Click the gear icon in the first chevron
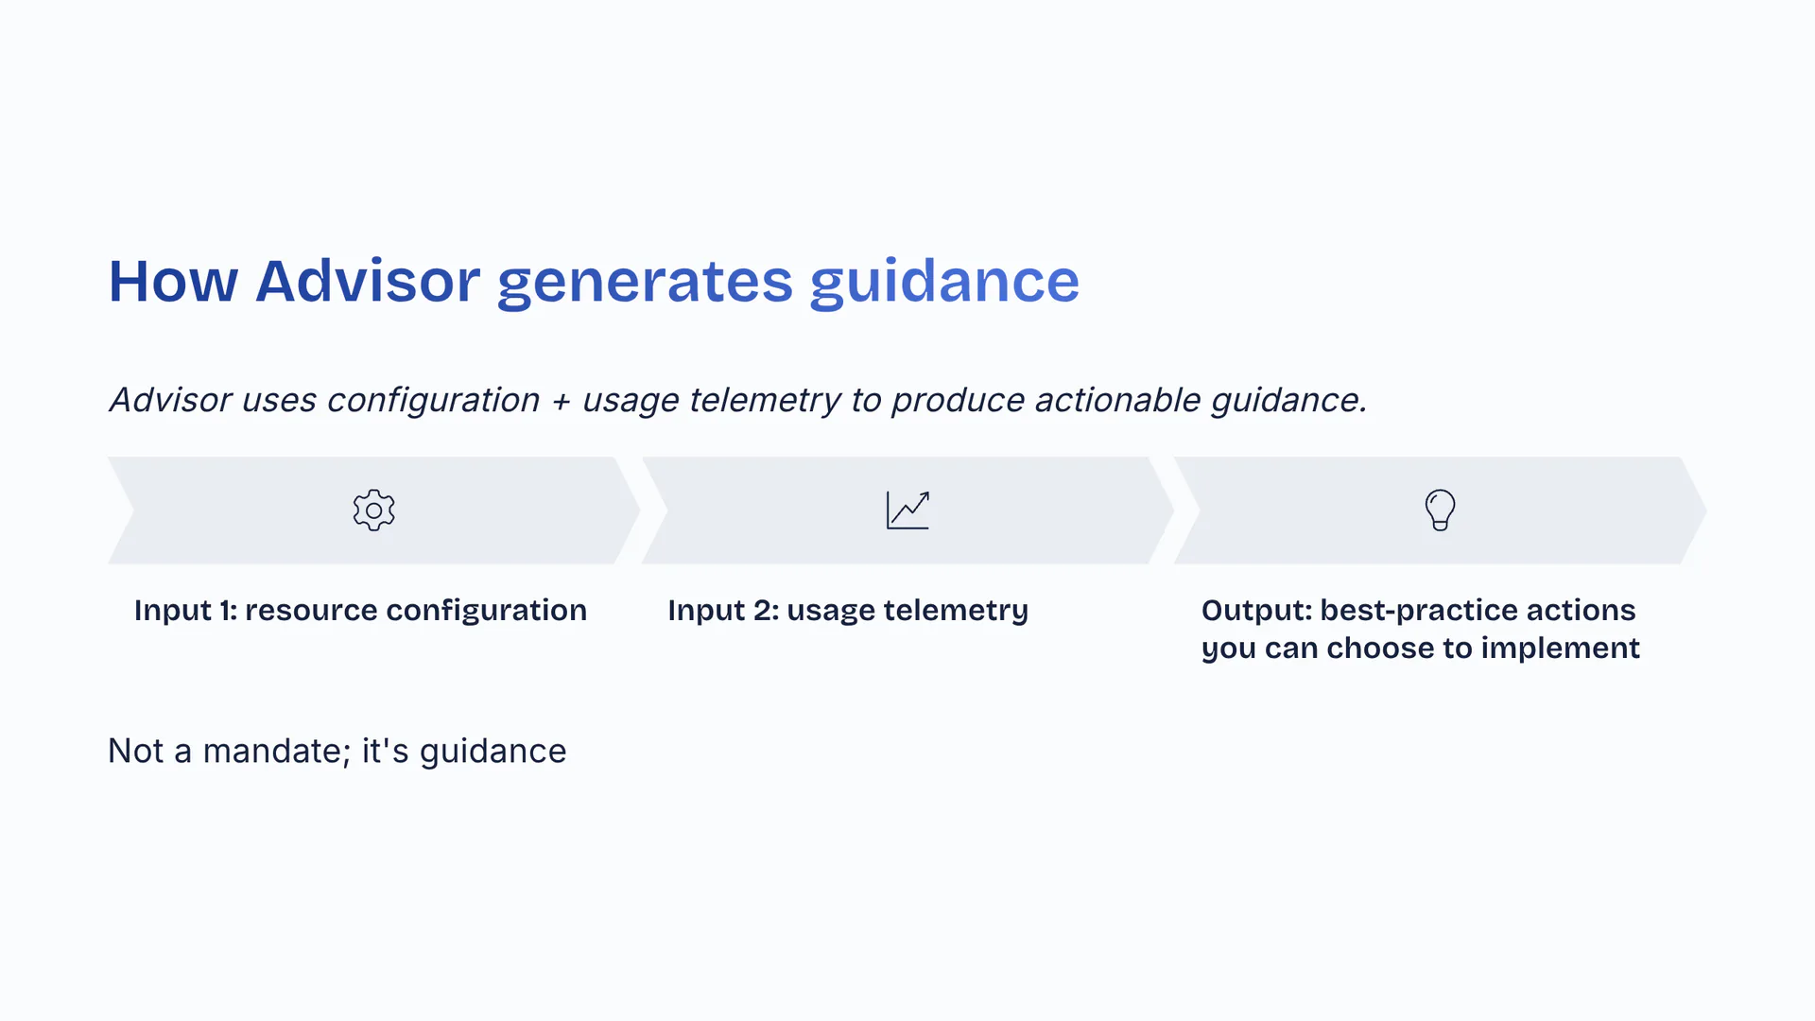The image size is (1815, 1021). coord(373,510)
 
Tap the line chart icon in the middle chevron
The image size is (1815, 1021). coord(907,510)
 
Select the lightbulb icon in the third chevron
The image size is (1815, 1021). coord(1440,510)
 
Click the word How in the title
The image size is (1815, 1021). coord(173,282)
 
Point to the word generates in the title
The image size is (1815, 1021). coord(645,282)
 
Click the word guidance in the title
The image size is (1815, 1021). coord(944,282)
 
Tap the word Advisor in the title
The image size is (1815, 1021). coord(368,282)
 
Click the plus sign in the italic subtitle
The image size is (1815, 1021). coord(562,401)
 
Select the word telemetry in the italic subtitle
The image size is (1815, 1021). coord(765,401)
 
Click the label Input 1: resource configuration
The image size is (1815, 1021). coord(360,611)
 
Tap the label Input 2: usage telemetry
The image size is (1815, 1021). coord(848,611)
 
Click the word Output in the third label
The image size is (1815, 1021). coord(1254,611)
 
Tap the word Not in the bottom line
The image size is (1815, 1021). coord(136,752)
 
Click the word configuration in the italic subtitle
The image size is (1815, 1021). coord(433,401)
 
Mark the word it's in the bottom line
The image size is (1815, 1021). coord(385,752)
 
